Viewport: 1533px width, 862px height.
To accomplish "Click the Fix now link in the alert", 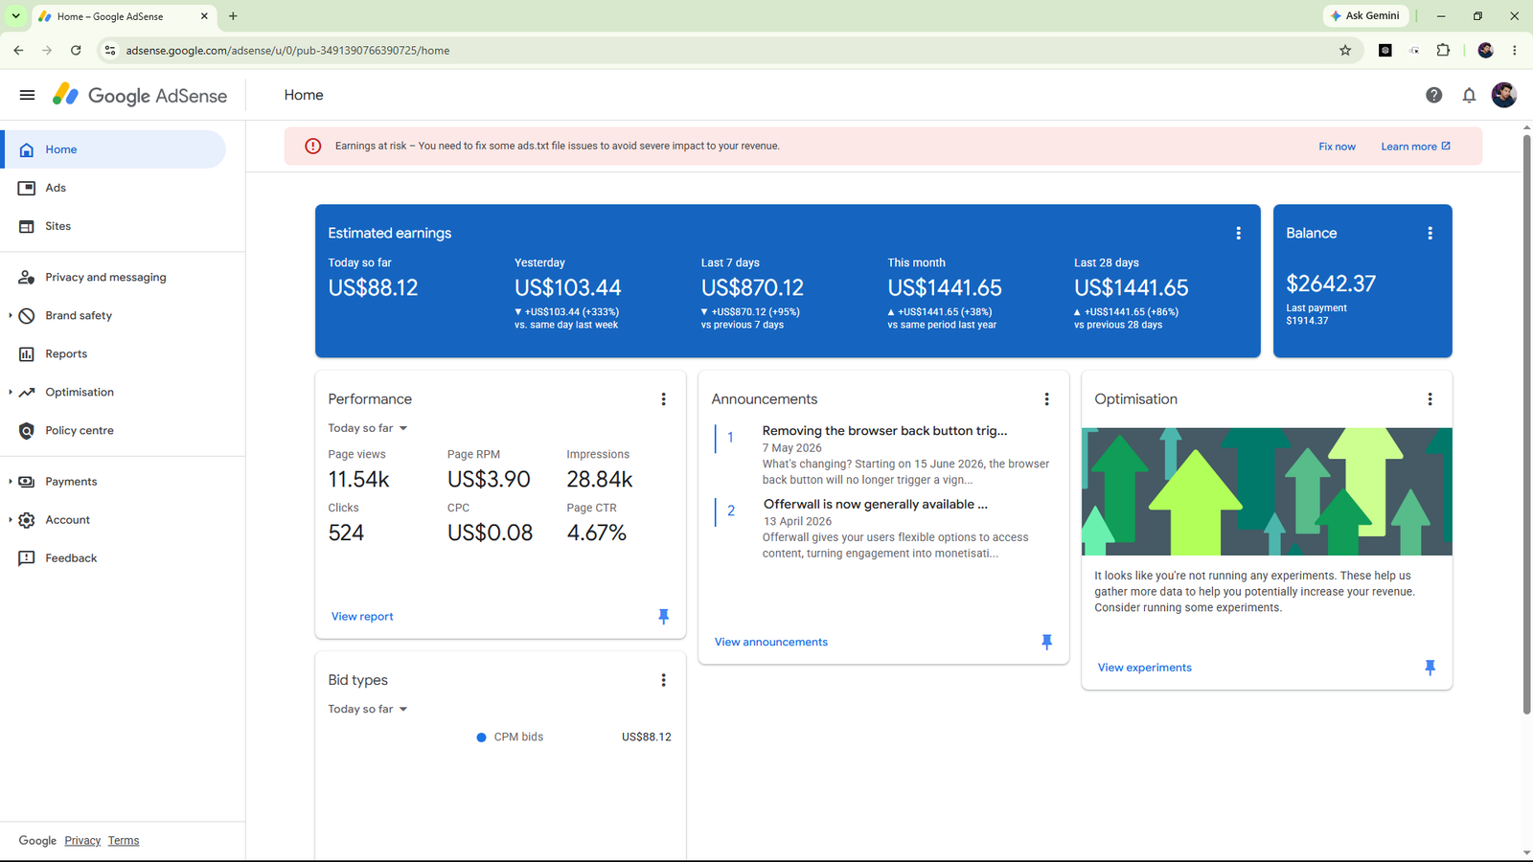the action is pos(1337,147).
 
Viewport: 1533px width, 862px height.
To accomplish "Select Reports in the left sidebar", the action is pos(66,353).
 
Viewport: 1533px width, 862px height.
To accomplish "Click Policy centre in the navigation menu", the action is pos(80,430).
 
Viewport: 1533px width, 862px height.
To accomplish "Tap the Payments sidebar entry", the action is pos(71,482).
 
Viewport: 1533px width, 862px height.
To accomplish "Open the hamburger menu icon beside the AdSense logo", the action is pos(27,95).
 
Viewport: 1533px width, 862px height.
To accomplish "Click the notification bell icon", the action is pos(1469,96).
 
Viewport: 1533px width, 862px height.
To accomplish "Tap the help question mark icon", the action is pos(1433,95).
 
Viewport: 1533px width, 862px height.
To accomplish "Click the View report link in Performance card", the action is pos(362,617).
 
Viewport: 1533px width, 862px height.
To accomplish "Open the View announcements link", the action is pos(770,642).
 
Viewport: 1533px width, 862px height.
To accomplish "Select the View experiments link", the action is pos(1144,668).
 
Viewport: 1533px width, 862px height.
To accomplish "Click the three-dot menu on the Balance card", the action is pos(1430,234).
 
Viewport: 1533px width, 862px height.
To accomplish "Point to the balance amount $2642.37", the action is pos(1331,284).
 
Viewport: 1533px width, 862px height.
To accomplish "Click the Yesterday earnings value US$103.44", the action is pos(567,288).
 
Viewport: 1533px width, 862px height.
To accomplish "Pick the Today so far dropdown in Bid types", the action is pos(368,709).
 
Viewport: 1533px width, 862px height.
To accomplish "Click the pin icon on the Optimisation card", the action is pos(1430,667).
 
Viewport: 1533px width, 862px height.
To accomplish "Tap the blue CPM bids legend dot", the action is pos(481,737).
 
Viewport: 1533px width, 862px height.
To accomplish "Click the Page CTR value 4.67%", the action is pos(596,533).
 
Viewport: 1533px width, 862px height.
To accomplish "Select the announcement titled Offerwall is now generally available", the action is pos(876,504).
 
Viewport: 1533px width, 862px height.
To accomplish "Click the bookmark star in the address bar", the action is pos(1345,50).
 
